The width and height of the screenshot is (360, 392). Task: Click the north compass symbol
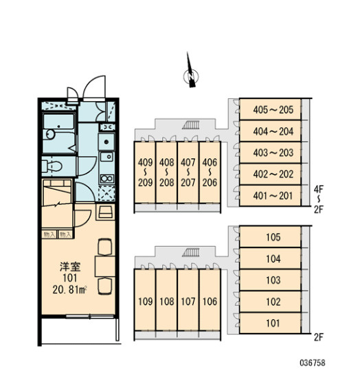[191, 76]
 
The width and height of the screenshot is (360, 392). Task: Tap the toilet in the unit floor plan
[52, 166]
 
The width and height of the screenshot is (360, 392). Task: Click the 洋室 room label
[70, 267]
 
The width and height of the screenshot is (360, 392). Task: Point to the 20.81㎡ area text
[69, 290]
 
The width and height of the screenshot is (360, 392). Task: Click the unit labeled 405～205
[270, 109]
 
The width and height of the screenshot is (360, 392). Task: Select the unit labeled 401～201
[270, 195]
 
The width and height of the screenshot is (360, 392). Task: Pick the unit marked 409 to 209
[145, 173]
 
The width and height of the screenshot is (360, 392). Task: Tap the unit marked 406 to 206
[210, 173]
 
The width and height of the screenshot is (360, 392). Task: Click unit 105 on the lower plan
[270, 237]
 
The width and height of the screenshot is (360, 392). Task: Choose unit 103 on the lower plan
[270, 280]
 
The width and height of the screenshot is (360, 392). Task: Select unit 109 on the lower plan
[145, 300]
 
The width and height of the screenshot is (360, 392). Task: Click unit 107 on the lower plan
[188, 300]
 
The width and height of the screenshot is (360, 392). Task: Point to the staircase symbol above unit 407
[192, 124]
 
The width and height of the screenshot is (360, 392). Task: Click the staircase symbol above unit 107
[192, 252]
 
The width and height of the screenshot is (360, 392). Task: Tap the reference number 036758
[313, 362]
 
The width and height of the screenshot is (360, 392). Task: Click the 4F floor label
[319, 190]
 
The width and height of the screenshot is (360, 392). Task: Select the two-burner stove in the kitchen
[107, 179]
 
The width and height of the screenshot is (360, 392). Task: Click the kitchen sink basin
[106, 157]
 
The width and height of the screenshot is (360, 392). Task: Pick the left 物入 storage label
[49, 235]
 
